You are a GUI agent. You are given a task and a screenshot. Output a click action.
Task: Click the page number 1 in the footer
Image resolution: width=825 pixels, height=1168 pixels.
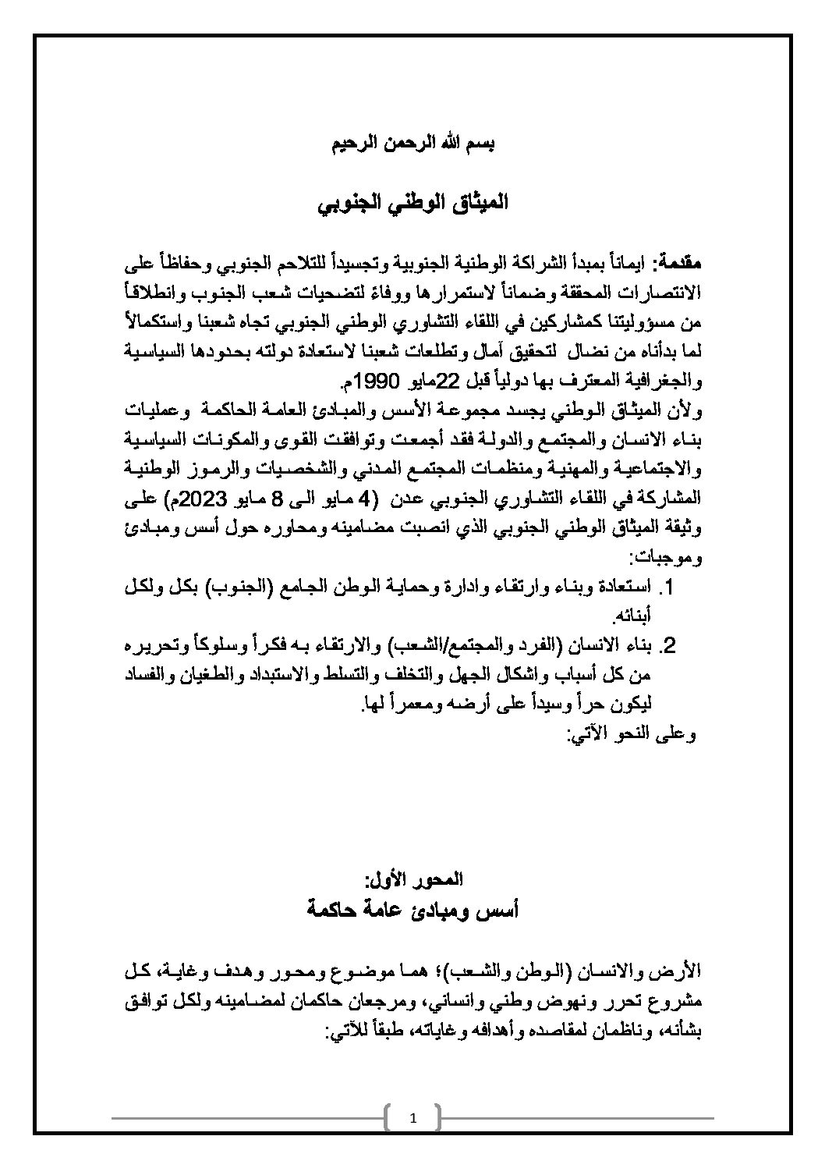click(412, 1118)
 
